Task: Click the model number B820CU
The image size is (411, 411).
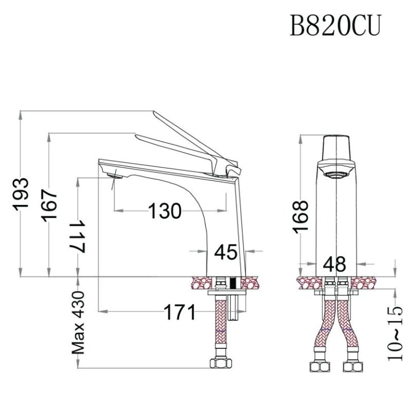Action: point(335,25)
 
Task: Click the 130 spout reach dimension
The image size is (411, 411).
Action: point(164,211)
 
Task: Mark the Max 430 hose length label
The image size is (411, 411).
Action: point(79,323)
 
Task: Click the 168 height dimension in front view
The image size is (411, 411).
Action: point(301,216)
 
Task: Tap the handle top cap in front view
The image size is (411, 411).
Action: point(337,146)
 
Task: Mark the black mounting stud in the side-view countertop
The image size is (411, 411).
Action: point(232,283)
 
